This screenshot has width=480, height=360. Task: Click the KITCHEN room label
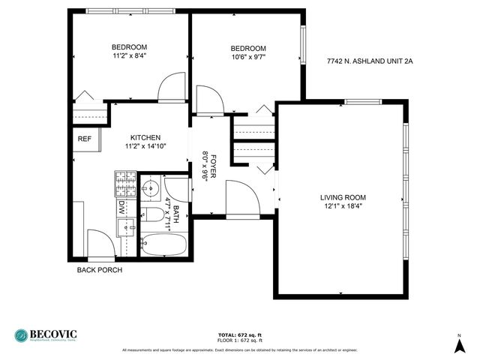click(x=145, y=137)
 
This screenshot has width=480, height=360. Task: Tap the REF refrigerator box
click(x=85, y=139)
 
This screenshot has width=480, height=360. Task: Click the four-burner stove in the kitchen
click(x=124, y=182)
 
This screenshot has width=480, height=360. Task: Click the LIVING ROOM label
click(x=343, y=197)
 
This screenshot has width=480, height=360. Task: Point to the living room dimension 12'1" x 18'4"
click(x=343, y=206)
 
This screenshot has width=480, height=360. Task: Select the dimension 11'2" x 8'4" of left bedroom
click(x=129, y=55)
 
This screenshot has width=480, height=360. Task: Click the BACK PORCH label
click(x=99, y=270)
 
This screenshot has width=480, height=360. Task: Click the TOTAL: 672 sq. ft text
click(x=240, y=334)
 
